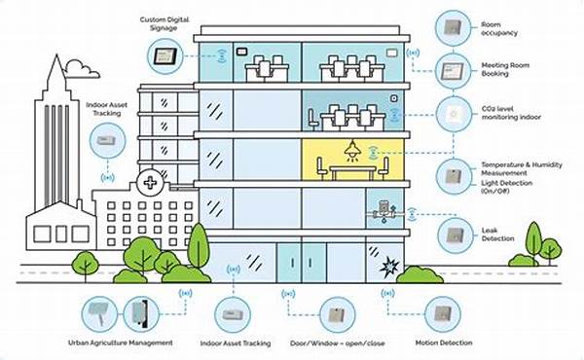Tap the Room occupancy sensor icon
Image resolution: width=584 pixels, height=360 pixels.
click(450, 24)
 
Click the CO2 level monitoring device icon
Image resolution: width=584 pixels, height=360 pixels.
click(450, 113)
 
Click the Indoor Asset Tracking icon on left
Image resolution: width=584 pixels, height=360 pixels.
click(103, 140)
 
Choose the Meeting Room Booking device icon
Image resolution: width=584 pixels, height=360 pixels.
click(450, 70)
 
